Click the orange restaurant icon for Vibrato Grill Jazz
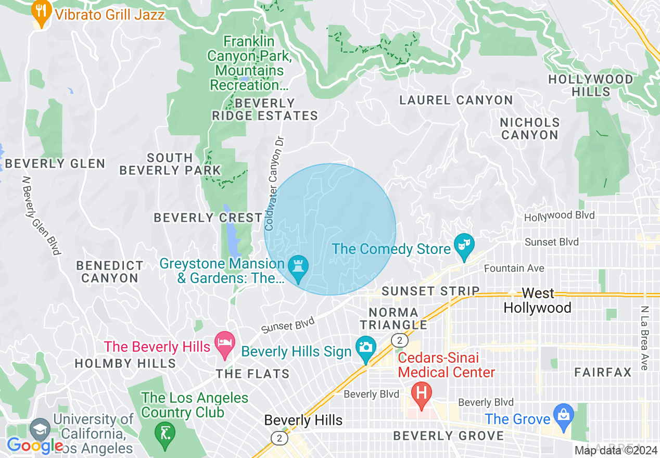(x=41, y=12)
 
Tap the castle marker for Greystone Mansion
(x=299, y=268)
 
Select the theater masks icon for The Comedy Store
(x=463, y=246)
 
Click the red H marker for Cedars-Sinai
(x=421, y=393)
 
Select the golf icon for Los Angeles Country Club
(x=164, y=430)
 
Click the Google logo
(x=34, y=446)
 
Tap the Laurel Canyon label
(x=456, y=100)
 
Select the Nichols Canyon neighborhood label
(x=530, y=129)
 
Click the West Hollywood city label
(x=537, y=301)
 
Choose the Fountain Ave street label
(x=514, y=269)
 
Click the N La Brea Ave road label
(x=644, y=338)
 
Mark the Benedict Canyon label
(x=109, y=272)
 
